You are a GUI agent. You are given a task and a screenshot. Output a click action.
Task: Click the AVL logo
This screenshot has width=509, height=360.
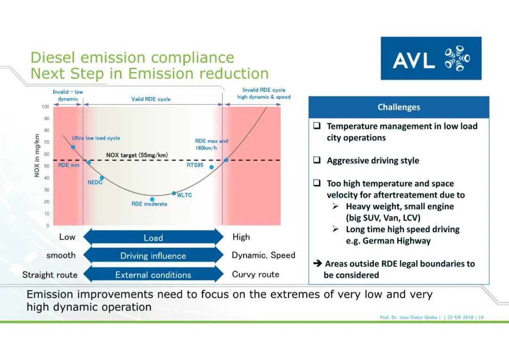[431, 58]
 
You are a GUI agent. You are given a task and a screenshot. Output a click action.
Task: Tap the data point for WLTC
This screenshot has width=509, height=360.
[174, 194]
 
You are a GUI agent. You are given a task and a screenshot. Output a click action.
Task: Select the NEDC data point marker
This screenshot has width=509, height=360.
[102, 178]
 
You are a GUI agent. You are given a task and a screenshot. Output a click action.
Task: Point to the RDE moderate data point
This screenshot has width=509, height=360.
[152, 199]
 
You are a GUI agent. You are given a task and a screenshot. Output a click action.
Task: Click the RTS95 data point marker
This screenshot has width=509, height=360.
[212, 167]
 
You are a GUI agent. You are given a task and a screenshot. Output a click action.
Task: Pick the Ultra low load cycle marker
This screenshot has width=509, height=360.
[73, 147]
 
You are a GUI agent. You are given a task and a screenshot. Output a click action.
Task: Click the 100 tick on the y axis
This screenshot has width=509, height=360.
[46, 106]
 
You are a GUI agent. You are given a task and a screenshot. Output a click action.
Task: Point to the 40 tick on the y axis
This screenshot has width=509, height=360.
[46, 178]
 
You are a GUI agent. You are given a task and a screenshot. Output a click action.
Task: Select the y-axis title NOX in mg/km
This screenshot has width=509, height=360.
[37, 156]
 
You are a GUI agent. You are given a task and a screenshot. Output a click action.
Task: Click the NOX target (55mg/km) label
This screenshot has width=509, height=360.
[137, 155]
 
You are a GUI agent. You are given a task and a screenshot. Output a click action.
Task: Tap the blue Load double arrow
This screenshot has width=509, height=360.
[153, 237]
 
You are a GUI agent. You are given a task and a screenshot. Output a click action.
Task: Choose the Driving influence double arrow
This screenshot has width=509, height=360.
[153, 256]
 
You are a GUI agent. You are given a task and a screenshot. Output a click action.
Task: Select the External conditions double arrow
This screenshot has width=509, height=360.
[153, 275]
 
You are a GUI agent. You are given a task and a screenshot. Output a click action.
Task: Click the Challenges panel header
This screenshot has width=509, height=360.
[399, 107]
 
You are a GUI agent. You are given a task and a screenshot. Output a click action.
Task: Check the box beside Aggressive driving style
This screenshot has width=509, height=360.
[317, 160]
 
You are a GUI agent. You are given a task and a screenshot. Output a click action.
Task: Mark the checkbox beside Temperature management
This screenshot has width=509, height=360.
[317, 126]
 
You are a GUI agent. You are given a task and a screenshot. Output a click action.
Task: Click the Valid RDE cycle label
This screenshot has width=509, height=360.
[151, 99]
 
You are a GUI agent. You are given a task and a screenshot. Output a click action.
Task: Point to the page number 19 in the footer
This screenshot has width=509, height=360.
[481, 318]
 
